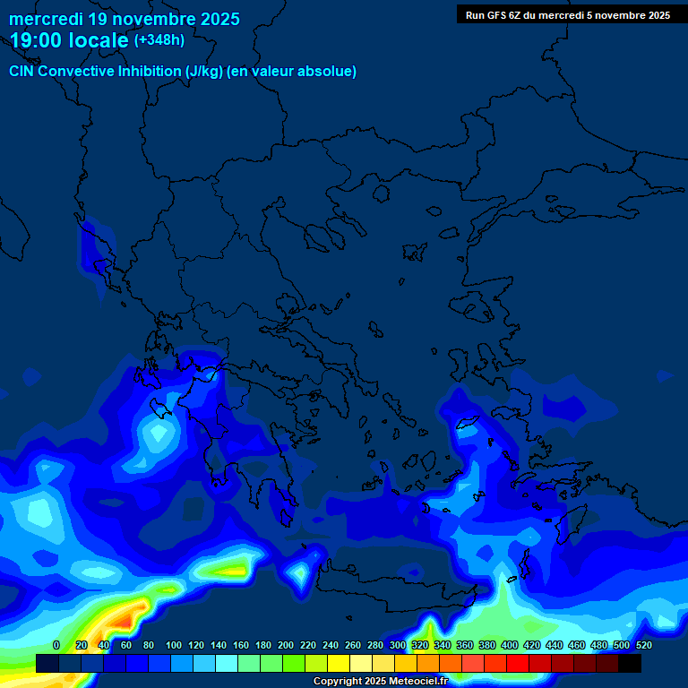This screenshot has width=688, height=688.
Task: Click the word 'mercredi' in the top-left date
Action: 45,19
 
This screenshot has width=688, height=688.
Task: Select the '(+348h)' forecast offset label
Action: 159,39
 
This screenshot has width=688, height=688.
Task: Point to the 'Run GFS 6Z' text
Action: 494,15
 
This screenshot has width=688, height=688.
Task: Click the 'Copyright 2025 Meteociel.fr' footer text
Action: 380,681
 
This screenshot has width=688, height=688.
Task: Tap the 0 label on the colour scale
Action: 56,645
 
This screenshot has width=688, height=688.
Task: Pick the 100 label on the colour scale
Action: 174,645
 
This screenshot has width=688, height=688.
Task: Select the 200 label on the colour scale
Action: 286,645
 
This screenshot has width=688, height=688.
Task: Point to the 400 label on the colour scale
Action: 510,645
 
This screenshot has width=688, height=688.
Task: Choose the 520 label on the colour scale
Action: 644,645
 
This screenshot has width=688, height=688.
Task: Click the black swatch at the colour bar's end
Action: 630,663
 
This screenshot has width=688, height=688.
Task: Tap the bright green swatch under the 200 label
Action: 294,663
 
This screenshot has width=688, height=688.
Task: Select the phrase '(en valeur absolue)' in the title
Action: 292,72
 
